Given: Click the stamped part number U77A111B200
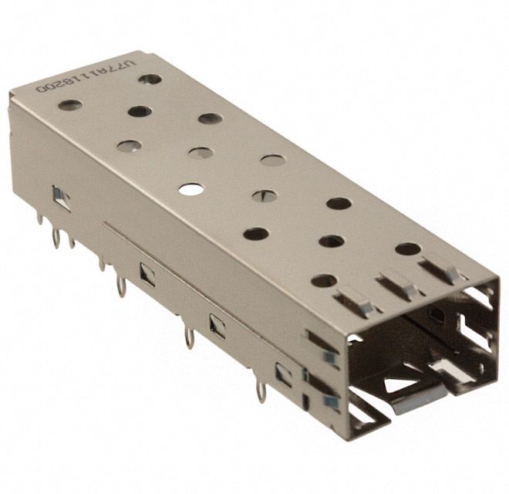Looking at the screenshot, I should tap(86, 78).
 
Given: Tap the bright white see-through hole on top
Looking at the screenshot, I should tap(190, 188).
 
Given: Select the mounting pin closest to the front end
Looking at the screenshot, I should tap(261, 393).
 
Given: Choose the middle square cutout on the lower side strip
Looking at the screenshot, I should tap(217, 326).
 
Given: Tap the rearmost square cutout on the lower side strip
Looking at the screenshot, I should tap(147, 274).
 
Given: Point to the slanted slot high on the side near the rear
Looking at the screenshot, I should tap(61, 198).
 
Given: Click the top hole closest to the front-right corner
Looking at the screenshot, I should tap(407, 249).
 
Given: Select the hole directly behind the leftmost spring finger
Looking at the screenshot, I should tap(324, 280).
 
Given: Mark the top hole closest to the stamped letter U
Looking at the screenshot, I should tap(150, 79).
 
